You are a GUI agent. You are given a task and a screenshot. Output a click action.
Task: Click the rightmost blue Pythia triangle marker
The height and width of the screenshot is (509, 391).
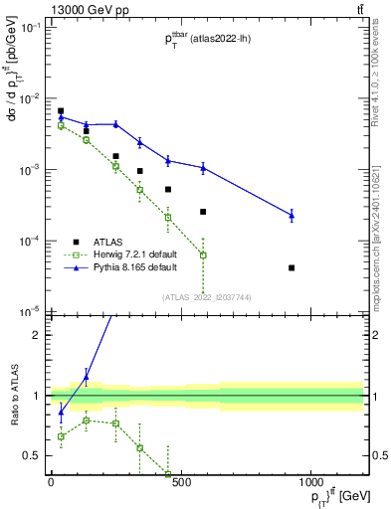(x=292, y=215)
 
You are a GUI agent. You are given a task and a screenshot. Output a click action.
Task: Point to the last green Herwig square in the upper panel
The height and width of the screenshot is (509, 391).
(x=203, y=255)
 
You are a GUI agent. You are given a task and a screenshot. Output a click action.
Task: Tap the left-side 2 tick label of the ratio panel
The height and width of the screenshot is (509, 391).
(x=36, y=334)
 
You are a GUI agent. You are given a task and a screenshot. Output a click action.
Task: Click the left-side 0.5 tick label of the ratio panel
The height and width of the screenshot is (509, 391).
(x=32, y=456)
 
